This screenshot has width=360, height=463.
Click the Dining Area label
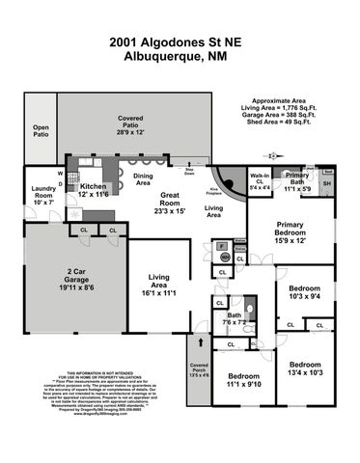[144, 179]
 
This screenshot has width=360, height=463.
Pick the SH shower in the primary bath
[325, 183]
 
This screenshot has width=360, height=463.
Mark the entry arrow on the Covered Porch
[200, 340]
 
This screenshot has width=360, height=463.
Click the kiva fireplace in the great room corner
[228, 178]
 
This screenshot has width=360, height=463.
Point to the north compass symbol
[274, 153]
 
